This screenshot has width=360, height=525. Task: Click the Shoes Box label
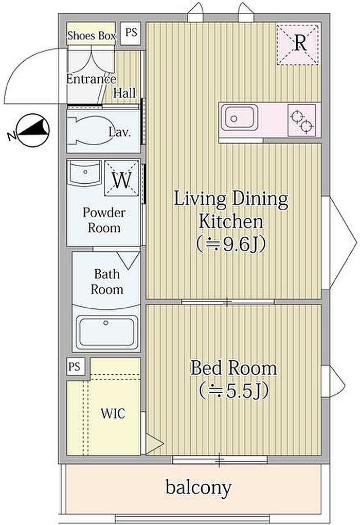[92, 36]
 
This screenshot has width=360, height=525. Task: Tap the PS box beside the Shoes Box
[131, 33]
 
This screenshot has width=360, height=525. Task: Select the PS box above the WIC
[74, 366]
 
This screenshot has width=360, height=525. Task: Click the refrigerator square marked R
[298, 44]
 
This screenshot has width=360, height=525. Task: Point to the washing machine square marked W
[121, 179]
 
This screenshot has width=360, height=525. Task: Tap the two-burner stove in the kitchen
[301, 120]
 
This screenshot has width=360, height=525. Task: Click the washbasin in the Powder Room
[85, 173]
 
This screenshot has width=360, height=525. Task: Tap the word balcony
[199, 487]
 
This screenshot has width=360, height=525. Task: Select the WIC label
[113, 413]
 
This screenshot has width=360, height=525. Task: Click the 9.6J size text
[231, 245]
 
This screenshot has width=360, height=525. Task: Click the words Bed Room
[233, 368]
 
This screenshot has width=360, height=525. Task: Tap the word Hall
[124, 93]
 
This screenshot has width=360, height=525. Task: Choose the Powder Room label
[104, 220]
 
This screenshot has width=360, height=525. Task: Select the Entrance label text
[92, 79]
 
